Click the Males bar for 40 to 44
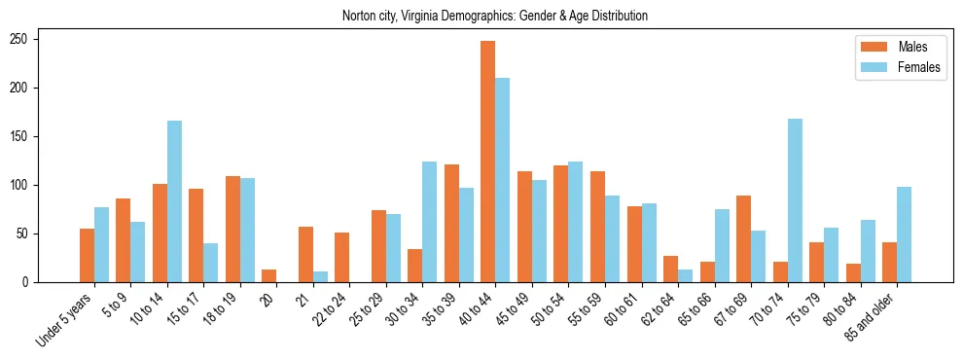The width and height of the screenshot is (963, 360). (488, 162)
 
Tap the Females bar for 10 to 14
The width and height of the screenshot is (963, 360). (174, 201)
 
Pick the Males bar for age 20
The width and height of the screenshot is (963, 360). (269, 275)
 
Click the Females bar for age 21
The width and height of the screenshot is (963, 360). (320, 276)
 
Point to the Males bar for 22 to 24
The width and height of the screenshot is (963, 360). (342, 257)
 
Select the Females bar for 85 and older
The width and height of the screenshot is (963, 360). (904, 234)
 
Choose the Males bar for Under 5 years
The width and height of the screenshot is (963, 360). (87, 255)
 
